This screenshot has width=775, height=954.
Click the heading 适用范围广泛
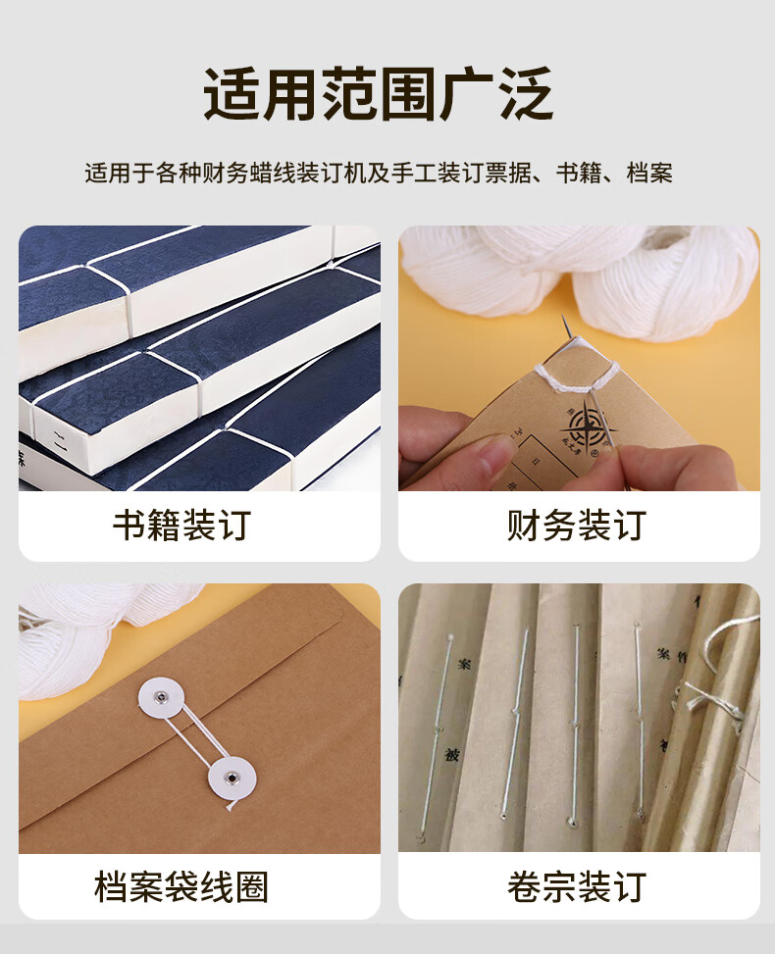pos(379,95)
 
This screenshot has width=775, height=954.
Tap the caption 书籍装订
pos(181,526)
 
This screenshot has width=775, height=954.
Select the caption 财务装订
pos(577,526)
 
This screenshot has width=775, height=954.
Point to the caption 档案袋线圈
pos(181,887)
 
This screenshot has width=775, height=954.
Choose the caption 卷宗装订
pos(577,887)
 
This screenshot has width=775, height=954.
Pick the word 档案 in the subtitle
pos(648,175)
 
